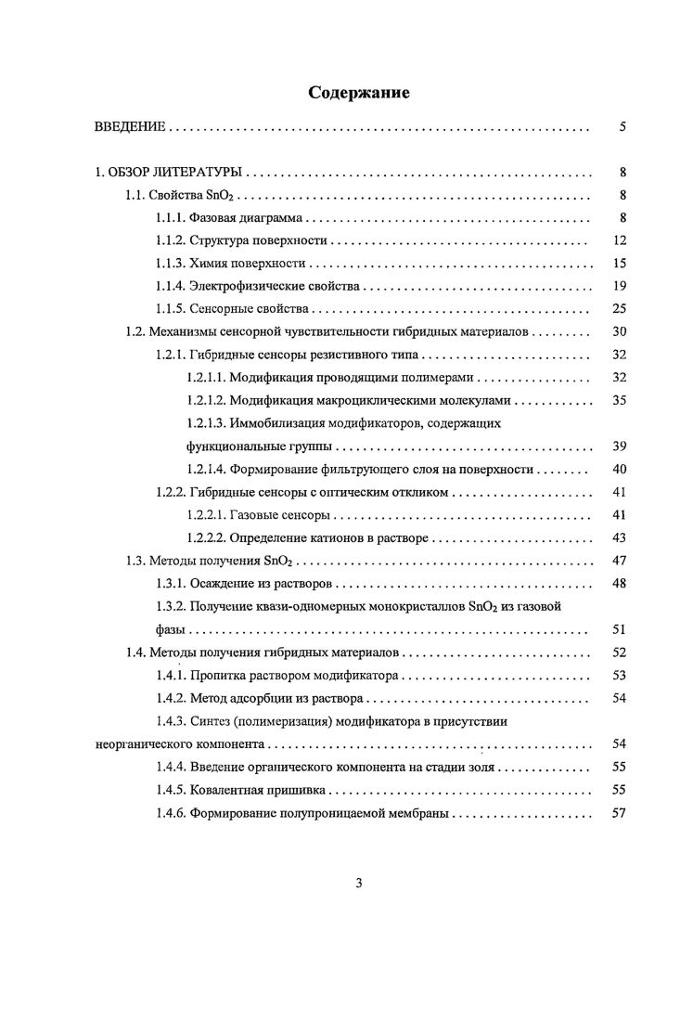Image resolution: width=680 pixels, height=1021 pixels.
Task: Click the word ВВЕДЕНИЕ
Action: [130, 126]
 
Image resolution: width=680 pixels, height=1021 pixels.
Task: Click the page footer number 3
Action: [358, 884]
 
